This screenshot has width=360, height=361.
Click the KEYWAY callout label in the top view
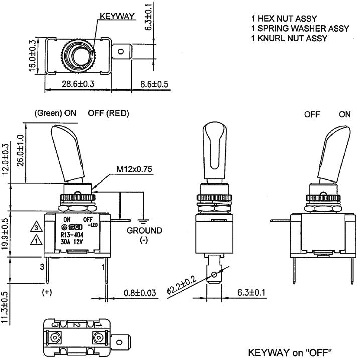click(117, 16)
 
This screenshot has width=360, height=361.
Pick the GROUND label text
click(144, 231)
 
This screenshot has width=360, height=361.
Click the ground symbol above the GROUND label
click(144, 220)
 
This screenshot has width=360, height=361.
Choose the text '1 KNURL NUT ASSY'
click(289, 38)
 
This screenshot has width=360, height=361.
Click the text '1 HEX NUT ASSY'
click(284, 19)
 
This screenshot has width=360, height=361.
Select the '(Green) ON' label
click(55, 114)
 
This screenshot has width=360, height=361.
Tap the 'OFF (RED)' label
click(108, 114)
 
